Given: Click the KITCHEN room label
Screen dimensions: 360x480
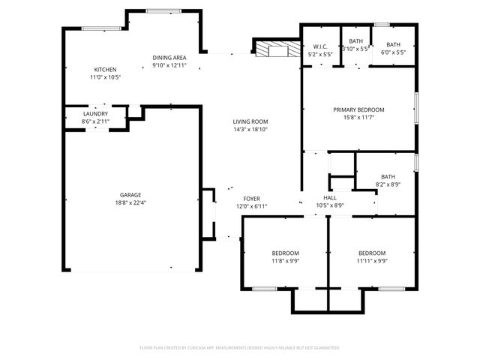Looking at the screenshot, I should tap(105, 69).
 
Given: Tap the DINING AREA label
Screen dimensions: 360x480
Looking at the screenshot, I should tap(169, 58).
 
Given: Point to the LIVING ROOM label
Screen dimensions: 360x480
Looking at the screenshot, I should tap(250, 121).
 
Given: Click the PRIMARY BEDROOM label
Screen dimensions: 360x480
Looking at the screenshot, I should tap(358, 109).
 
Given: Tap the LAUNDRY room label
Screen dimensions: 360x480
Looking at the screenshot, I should tap(96, 113).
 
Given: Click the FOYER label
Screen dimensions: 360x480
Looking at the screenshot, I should tap(251, 199).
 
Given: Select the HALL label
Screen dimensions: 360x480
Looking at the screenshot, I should tap(329, 197).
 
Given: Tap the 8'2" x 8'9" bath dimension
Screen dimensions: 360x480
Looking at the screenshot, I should tap(388, 184).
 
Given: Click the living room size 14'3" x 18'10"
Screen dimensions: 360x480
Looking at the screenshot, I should tap(250, 129).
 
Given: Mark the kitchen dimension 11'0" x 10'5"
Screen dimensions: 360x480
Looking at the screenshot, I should tap(105, 76).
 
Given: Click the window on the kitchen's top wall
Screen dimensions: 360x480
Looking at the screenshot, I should tap(101, 28).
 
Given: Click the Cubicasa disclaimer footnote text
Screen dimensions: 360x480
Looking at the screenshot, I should tap(240, 347).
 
